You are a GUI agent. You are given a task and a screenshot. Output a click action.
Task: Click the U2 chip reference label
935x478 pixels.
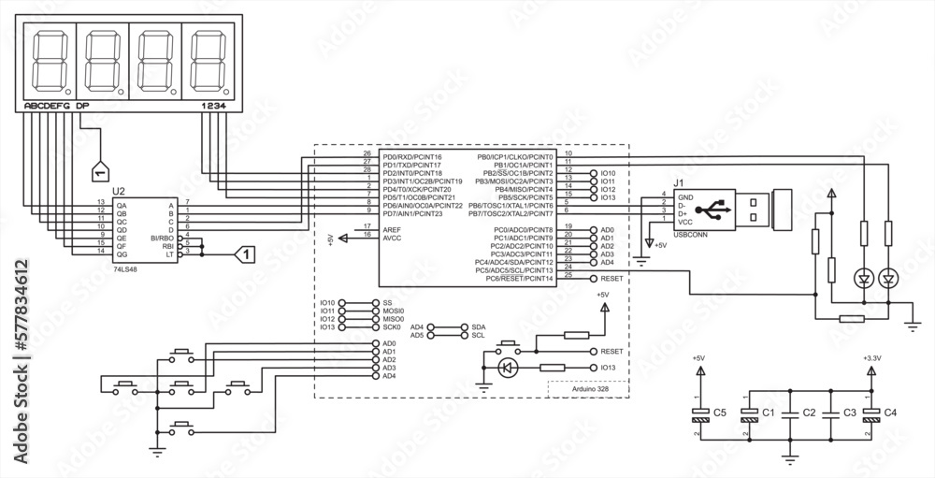point(119,190)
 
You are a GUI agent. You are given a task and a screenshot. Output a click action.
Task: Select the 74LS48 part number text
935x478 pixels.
point(124,268)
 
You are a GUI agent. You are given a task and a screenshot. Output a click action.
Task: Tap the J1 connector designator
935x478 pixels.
point(680,183)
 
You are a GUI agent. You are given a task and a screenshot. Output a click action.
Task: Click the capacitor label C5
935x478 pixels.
point(720,412)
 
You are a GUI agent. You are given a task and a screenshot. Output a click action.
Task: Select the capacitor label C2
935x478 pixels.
point(810,412)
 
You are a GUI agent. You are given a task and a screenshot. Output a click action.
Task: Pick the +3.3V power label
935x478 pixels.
point(871,357)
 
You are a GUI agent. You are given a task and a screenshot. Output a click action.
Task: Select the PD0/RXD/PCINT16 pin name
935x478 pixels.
point(412,156)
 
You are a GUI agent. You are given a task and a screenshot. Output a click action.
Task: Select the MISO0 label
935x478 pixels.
point(393,319)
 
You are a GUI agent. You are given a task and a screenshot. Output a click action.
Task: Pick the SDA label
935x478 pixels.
point(479,327)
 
